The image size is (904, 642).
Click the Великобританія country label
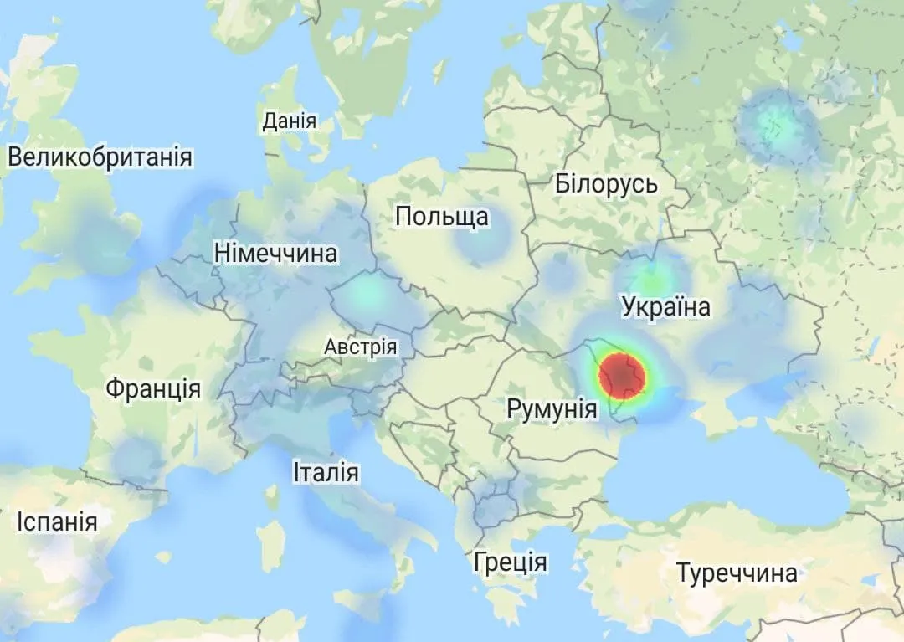point(100,157)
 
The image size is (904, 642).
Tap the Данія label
point(290,121)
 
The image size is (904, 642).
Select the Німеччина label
point(275,253)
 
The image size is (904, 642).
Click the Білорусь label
point(606,183)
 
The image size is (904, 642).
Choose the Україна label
point(666,306)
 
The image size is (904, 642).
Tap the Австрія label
point(361,347)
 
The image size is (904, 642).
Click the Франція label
point(153,388)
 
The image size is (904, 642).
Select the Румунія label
point(552,409)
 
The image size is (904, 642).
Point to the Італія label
point(326,472)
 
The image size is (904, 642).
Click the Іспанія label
point(57,522)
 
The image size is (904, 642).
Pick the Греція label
point(510,561)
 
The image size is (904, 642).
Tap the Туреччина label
point(737,574)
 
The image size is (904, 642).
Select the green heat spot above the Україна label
point(651,276)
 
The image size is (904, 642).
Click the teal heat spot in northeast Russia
point(777,126)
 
